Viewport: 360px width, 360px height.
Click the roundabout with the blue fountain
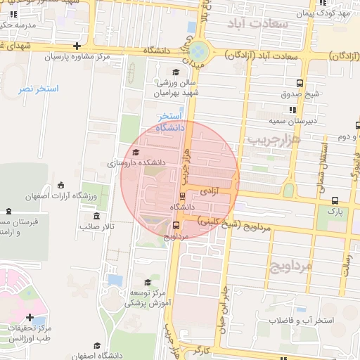[x=198, y=51]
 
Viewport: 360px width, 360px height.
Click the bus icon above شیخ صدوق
[x=301, y=82]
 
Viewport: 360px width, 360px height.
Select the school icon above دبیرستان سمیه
[x=292, y=110]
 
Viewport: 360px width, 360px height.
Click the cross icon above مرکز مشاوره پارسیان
[x=77, y=46]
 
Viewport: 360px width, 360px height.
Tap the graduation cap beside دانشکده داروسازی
[x=136, y=152]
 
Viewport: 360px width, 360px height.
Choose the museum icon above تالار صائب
[x=96, y=216]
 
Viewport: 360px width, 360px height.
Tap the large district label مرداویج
[x=289, y=265]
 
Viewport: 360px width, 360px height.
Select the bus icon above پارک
[x=335, y=200]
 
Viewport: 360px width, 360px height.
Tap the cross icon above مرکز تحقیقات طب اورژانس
[x=30, y=317]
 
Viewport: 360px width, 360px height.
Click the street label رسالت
[x=346, y=266]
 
